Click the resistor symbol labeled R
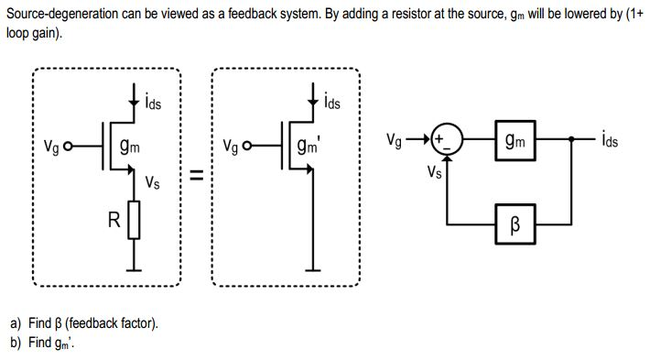pos(135,220)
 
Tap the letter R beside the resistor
pos(114,220)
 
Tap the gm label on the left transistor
pos(129,147)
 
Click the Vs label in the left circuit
pos(153,182)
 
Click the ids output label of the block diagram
pos(612,140)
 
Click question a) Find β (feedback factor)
pos(84,323)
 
